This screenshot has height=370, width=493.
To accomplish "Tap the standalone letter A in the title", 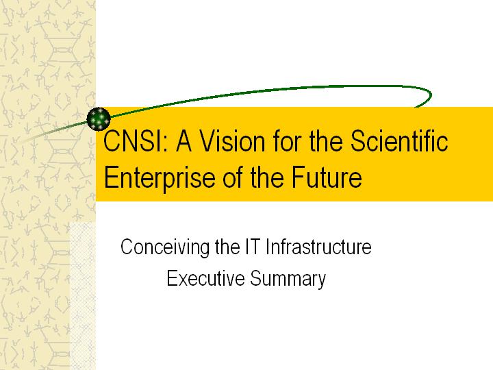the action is coord(184,141).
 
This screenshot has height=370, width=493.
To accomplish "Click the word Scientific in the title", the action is coord(399,141).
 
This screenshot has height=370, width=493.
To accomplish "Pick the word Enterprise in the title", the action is coord(160,177).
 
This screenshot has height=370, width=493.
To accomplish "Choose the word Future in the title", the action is coord(327,177).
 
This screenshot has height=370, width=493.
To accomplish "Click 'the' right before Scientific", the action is coord(326,141).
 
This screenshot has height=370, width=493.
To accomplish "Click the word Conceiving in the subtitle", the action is coord(165,247).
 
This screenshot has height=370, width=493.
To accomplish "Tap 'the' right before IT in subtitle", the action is coord(227,247).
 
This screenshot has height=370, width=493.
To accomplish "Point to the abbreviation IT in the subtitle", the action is coord(253,247).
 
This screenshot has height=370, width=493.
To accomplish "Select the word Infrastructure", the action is coord(318,247).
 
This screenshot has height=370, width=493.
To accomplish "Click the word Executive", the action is coord(205,279).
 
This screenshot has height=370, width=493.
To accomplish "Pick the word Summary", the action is coord(288,280).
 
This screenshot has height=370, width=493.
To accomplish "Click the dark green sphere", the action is coord(99,119).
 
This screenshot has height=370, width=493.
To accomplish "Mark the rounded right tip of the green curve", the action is coord(431,95).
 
